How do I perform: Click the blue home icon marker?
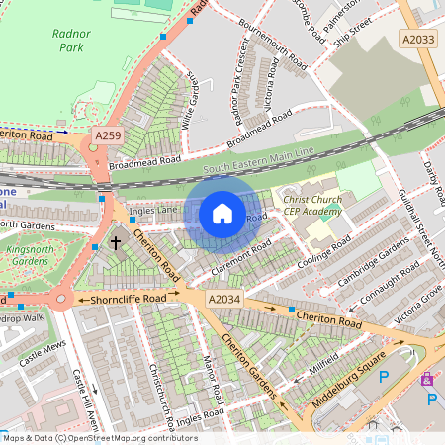click(x=222, y=214)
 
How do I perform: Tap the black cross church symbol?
click(x=116, y=241)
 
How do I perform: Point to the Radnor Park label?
click(x=70, y=39)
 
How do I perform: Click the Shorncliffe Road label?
click(x=129, y=298)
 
